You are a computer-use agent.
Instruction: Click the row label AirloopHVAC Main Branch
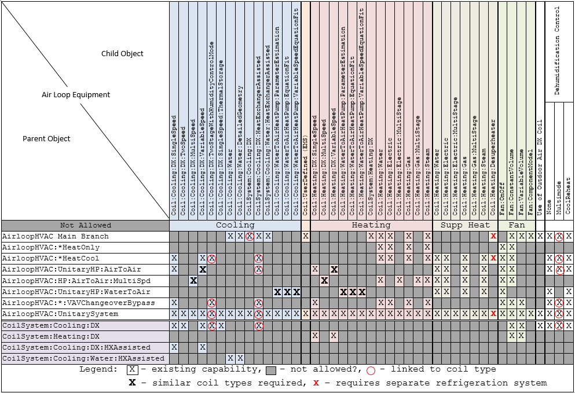pos(55,236)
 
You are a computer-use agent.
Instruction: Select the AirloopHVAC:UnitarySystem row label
pos(60,314)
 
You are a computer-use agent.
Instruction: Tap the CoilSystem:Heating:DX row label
pos(51,336)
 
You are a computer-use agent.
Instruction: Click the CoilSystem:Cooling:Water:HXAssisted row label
pos(83,359)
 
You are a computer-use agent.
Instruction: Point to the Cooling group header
pos(235,225)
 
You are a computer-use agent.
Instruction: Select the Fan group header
pos(517,225)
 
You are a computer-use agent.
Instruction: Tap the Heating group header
pos(371,225)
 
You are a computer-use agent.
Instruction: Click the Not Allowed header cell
pos(85,225)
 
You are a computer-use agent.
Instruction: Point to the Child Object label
pos(122,54)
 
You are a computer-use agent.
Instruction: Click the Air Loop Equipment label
pos(76,95)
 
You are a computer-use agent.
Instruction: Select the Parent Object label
pos(46,139)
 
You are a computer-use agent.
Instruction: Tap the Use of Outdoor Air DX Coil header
pos(540,168)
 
